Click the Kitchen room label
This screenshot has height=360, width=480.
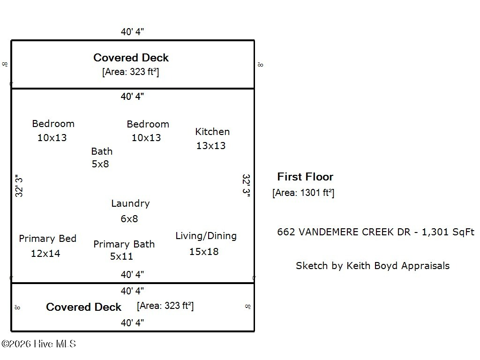(212, 132)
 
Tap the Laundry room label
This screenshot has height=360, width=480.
(130, 203)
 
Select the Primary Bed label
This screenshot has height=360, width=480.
(47, 239)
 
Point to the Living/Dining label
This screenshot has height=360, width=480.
(206, 236)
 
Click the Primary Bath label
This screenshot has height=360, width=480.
(124, 244)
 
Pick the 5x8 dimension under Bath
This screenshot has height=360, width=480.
(100, 164)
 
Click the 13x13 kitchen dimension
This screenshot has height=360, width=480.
(211, 146)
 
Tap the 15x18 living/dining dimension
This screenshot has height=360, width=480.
(204, 252)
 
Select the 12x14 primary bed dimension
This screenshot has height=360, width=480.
(45, 254)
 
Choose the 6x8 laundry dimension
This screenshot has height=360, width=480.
(129, 219)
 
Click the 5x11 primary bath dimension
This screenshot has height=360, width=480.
(121, 256)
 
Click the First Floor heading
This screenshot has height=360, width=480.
(305, 177)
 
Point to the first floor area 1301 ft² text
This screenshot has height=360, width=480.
(303, 193)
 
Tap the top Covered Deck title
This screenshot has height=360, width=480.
(131, 58)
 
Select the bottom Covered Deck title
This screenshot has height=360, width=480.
(83, 307)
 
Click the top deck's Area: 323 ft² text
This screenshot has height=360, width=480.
(131, 72)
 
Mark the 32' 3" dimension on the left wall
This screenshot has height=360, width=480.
(19, 186)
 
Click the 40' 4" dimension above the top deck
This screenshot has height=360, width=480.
(132, 31)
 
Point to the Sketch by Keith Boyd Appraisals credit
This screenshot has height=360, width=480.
(373, 266)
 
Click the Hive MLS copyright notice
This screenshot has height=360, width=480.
(38, 344)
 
